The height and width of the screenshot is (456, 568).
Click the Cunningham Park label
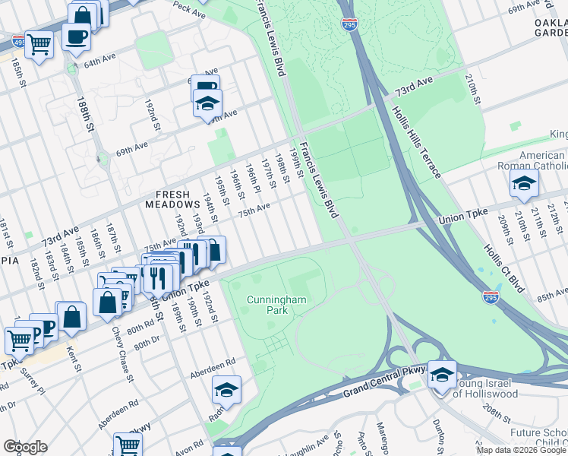pyautogui.click(x=276, y=306)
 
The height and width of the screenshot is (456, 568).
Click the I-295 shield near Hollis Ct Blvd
pyautogui.click(x=491, y=298)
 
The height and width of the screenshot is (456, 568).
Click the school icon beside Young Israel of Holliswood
pyautogui.click(x=442, y=374)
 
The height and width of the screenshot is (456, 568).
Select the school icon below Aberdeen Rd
pyautogui.click(x=226, y=389)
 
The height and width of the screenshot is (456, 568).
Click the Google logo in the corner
pyautogui.click(x=25, y=446)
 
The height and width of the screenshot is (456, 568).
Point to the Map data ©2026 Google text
pyautogui.click(x=521, y=450)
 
